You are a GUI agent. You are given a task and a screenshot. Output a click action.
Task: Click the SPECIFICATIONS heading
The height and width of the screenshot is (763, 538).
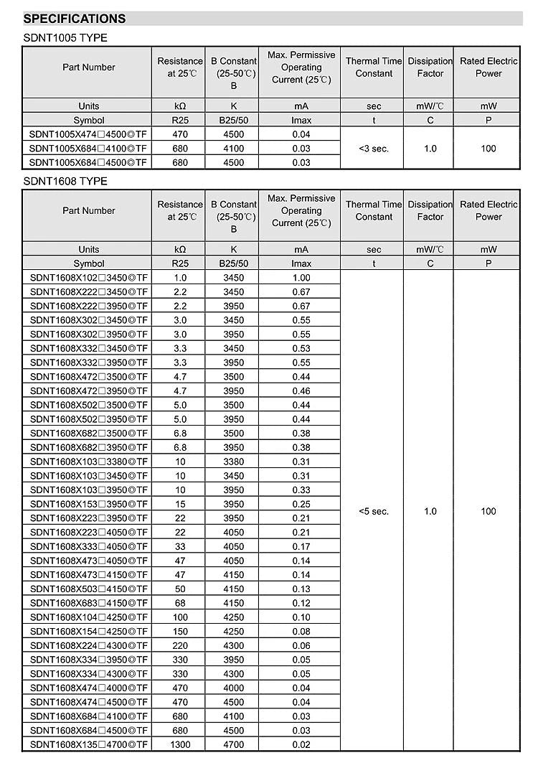75,19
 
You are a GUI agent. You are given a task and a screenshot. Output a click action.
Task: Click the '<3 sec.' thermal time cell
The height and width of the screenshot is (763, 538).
374,149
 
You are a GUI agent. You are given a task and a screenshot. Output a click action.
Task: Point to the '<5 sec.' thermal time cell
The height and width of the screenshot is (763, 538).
374,511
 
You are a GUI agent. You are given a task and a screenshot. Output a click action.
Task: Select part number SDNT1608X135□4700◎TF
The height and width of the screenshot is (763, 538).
89,744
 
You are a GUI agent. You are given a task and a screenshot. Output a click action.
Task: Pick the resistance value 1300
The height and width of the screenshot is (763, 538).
180,744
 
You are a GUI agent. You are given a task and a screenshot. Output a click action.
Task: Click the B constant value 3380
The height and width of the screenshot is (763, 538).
233,462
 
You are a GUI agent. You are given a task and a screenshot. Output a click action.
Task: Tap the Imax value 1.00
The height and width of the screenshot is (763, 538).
301,278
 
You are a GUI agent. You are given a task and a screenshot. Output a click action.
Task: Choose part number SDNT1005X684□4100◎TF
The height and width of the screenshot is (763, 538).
89,149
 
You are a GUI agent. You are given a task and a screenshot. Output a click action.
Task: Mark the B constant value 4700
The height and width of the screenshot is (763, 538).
233,744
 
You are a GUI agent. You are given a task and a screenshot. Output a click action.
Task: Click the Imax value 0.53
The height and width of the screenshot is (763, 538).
301,348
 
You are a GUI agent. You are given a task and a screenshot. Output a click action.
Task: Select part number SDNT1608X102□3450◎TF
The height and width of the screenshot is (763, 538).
89,278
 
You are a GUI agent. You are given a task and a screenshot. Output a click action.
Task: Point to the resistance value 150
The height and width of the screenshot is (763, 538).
180,632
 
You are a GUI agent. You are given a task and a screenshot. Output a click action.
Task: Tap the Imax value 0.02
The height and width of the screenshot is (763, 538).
301,744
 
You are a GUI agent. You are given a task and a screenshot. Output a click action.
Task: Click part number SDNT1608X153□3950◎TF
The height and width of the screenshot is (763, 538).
89,504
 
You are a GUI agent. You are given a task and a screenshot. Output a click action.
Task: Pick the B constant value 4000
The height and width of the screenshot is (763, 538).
233,688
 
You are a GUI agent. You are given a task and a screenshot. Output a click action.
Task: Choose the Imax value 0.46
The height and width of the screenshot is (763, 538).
301,391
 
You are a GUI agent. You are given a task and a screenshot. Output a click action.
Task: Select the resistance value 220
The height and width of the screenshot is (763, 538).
180,645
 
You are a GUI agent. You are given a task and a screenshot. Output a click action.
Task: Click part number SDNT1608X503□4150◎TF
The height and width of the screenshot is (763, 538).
89,589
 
